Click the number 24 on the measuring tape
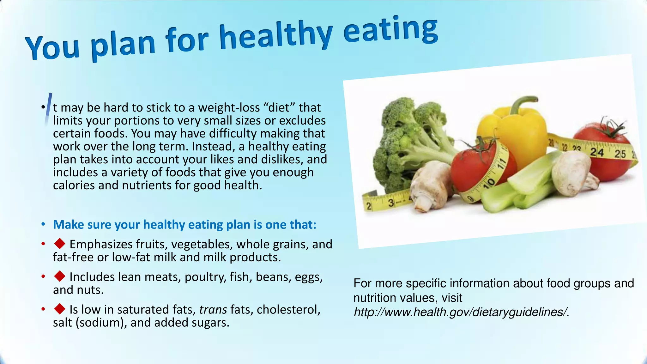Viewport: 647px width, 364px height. [597, 153]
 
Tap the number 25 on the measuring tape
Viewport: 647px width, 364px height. [620, 154]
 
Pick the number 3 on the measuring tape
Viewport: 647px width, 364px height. [391, 203]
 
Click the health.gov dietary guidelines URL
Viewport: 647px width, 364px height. [461, 312]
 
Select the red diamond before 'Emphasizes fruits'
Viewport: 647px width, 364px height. [60, 244]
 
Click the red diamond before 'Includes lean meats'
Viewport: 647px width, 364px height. [60, 276]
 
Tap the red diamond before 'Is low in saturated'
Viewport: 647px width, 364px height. [60, 309]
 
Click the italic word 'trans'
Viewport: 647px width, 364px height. [213, 310]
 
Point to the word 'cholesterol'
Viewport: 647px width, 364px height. [288, 310]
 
